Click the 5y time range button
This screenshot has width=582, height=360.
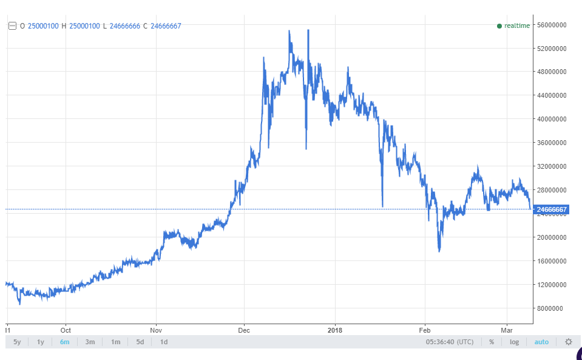point(17,342)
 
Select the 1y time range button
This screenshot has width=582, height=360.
point(41,342)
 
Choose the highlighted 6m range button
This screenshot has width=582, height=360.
point(64,342)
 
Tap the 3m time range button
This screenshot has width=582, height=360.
point(90,342)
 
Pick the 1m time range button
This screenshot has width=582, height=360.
point(115,342)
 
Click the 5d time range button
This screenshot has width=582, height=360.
point(140,342)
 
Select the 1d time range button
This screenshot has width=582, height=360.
point(164,342)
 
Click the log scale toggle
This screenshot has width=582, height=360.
point(514,342)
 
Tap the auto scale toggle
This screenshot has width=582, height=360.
point(541,342)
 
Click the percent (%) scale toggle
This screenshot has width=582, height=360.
point(491,342)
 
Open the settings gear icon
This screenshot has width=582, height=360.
point(568,342)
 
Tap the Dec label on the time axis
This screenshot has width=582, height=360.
point(245,330)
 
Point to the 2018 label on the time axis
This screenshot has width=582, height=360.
point(335,330)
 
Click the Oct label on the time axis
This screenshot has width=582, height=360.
point(66,330)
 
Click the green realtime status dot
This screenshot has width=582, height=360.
point(499,25)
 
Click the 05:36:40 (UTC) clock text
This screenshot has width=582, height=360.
point(450,342)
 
